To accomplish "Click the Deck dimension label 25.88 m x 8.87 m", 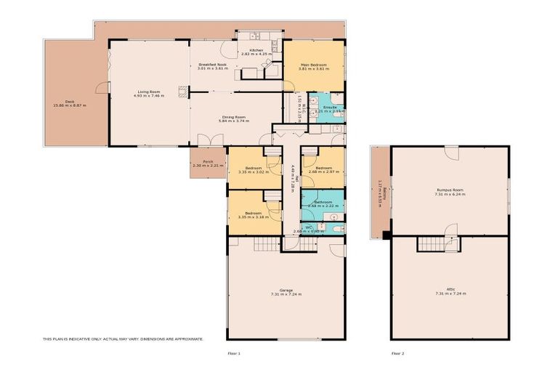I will [x=70, y=105].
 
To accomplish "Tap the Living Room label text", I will [x=146, y=92].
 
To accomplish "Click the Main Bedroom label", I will [x=313, y=65].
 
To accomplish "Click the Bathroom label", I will [x=323, y=202].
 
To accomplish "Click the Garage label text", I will [x=286, y=291].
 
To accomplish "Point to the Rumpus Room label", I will [x=449, y=190].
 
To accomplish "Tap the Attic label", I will [x=449, y=291].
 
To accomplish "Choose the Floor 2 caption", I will [x=397, y=353].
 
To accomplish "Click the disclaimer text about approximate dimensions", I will [x=123, y=339].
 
